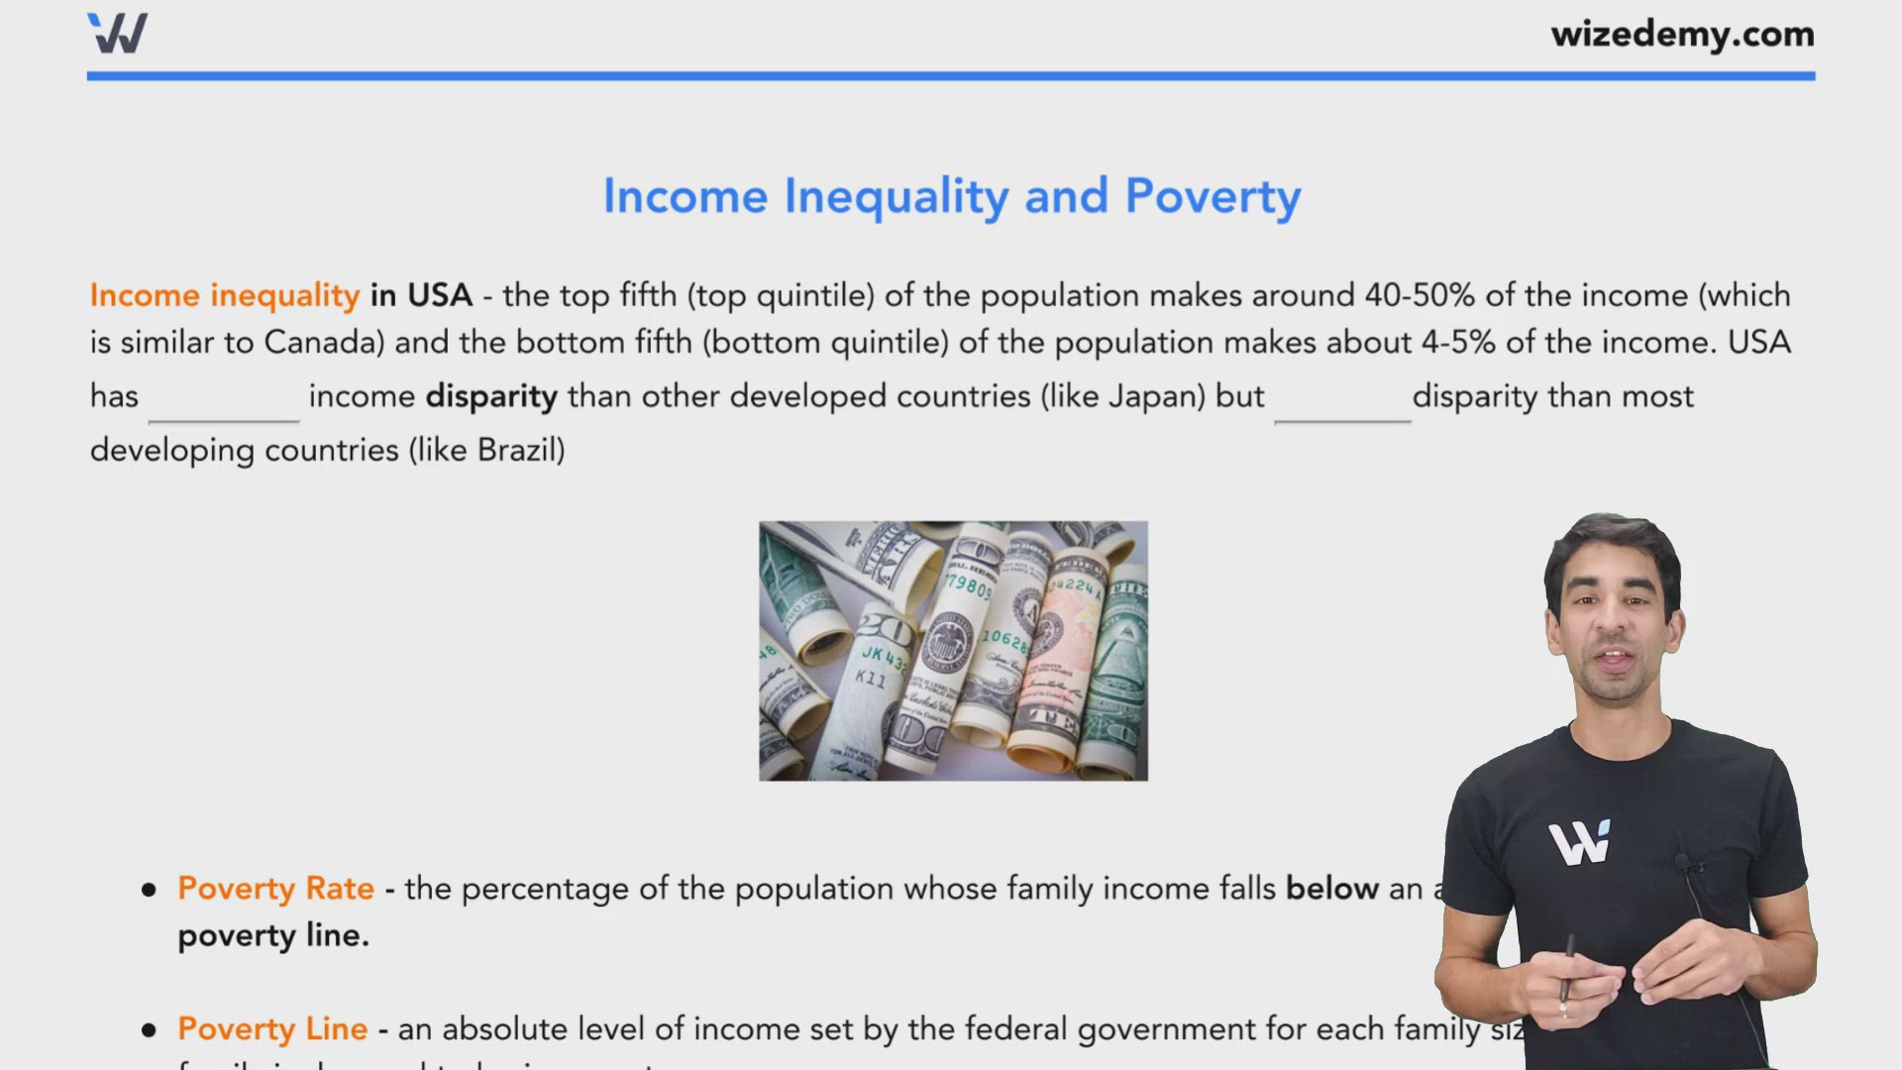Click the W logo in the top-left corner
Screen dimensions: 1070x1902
coord(118,33)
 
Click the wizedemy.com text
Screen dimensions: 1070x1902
coord(1682,35)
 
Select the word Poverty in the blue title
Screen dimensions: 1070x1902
coord(1213,196)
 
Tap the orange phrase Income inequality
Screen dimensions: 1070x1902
coord(225,295)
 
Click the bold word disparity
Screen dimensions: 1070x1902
coord(491,396)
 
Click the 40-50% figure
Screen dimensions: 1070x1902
coord(1420,295)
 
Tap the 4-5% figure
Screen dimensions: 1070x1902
coord(1458,343)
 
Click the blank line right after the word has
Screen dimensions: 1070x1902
coord(224,406)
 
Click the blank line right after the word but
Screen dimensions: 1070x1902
coord(1342,406)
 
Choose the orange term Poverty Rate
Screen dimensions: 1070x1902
coord(275,889)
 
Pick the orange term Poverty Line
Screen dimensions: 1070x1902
coord(272,1029)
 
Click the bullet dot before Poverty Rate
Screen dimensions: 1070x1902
coord(150,890)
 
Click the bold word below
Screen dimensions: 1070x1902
coord(1331,889)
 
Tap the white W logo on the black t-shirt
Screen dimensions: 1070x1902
coord(1580,843)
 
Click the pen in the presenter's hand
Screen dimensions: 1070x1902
coord(1566,971)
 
